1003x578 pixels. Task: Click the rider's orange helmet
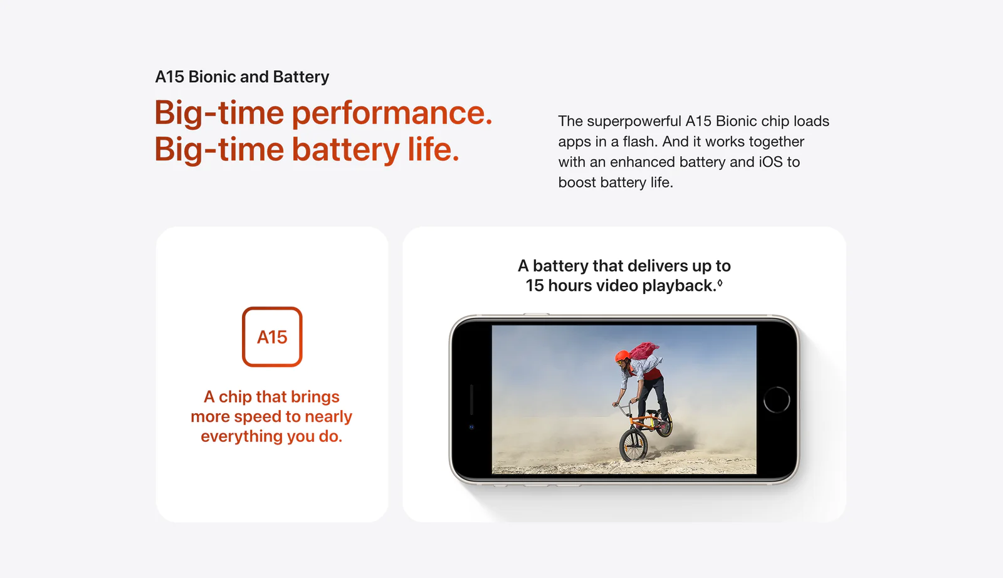[x=622, y=356]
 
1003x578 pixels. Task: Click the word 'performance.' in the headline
[x=392, y=113]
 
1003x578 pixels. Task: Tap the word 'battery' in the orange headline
[x=345, y=149]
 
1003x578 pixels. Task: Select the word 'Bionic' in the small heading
[x=213, y=76]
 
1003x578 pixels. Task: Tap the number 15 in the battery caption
[x=534, y=286]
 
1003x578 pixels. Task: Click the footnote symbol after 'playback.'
[x=720, y=283]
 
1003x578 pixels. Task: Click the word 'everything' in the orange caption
[x=241, y=436]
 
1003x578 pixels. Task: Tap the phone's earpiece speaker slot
[x=471, y=399]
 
